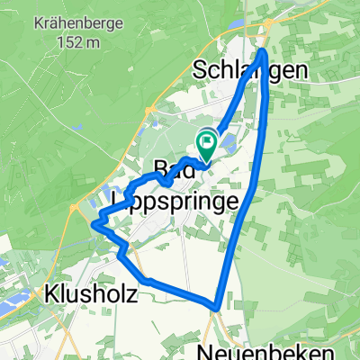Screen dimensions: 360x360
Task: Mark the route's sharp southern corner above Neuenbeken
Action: (x=217, y=306)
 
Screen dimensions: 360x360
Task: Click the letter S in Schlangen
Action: (x=201, y=70)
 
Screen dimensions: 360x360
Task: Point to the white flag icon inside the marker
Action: (x=208, y=139)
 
